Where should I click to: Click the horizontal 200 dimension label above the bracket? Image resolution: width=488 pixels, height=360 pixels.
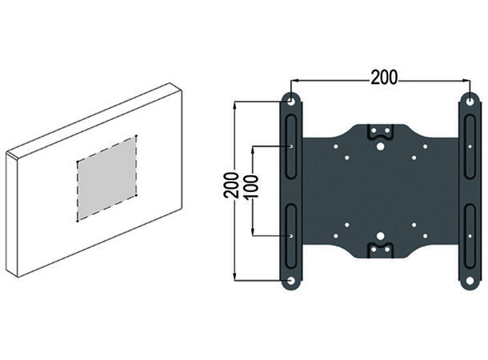click(385, 77)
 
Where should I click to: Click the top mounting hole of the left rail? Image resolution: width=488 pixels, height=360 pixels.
click(290, 102)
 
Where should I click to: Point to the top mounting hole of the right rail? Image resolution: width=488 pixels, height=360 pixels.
click(469, 102)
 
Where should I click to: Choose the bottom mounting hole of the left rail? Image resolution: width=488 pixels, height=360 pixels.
click(290, 281)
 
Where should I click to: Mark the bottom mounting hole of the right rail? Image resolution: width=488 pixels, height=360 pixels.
click(469, 281)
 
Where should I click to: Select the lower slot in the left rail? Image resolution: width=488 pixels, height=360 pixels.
click(290, 235)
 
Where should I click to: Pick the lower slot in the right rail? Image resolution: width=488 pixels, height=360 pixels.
click(469, 235)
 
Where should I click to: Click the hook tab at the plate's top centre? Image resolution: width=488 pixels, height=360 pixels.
click(380, 132)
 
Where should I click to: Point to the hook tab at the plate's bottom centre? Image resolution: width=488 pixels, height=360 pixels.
click(380, 250)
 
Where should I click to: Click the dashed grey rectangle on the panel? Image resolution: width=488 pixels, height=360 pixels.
click(106, 178)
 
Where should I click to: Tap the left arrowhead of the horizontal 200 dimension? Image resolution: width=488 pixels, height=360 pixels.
click(293, 80)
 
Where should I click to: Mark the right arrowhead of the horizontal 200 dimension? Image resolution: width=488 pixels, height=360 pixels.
click(466, 80)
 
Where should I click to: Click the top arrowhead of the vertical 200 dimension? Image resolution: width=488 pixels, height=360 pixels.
click(234, 104)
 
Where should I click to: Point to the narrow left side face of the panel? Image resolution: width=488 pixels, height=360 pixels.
click(11, 212)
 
